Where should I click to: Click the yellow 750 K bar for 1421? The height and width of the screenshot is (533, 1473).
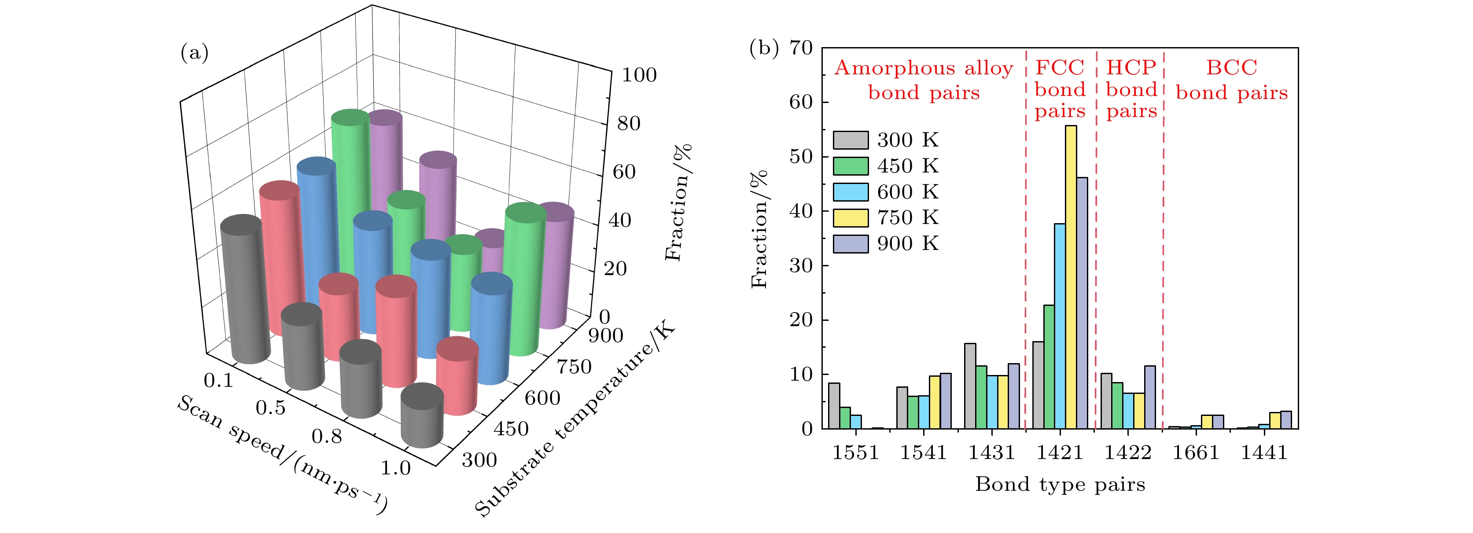click(x=1071, y=277)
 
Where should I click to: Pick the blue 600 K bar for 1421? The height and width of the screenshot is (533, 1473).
click(x=1060, y=326)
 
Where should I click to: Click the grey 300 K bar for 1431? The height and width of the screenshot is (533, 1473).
click(x=970, y=386)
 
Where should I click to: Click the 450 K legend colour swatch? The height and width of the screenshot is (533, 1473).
click(x=850, y=166)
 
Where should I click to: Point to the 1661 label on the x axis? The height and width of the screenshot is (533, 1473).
click(x=1196, y=453)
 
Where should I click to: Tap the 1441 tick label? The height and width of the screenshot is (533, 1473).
click(x=1264, y=453)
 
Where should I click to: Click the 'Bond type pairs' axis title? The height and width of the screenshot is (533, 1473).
click(x=1060, y=485)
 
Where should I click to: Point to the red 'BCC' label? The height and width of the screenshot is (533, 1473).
click(x=1232, y=67)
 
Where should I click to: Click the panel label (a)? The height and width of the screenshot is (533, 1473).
click(x=195, y=53)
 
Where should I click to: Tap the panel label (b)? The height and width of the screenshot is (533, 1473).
click(x=764, y=48)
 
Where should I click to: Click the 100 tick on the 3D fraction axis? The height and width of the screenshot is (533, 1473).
click(x=639, y=75)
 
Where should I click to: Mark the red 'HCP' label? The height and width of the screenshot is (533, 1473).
click(x=1131, y=67)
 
